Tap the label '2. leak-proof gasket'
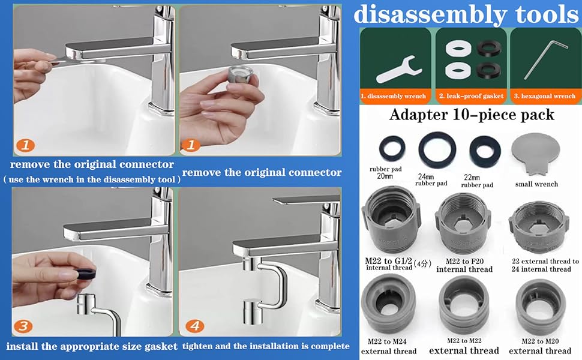pos(470,96)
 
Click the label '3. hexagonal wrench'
pos(545,96)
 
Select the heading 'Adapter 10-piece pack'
pos(472,115)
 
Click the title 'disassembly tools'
pos(466,14)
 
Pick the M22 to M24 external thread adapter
pos(388,309)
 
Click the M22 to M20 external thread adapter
pos(540,310)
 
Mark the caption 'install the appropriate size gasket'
pos(92,346)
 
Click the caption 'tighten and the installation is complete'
pos(265,346)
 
